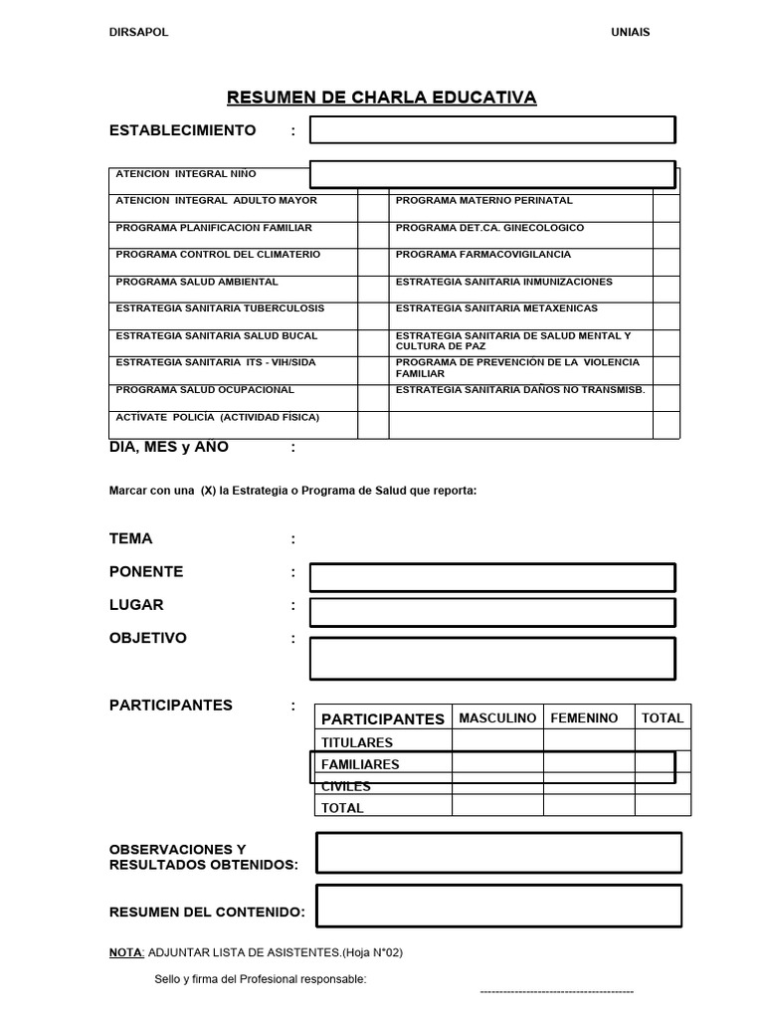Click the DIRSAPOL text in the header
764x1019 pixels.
(x=138, y=32)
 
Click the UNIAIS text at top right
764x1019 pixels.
(x=630, y=32)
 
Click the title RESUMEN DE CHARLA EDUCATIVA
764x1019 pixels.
(x=381, y=97)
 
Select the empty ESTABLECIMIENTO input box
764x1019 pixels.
(x=491, y=130)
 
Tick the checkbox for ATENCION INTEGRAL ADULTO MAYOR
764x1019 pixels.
(x=371, y=207)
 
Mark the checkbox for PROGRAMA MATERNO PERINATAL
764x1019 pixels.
(x=666, y=207)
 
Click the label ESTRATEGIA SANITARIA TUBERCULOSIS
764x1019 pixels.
(x=220, y=308)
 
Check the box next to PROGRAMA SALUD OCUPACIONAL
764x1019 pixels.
(x=371, y=398)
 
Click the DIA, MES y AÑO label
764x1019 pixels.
(x=169, y=447)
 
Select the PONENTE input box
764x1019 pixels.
(x=491, y=577)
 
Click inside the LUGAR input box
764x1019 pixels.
(x=491, y=611)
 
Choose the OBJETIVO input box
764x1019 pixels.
(x=491, y=658)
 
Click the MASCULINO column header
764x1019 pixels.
(x=497, y=717)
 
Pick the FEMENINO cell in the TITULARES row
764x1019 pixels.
(x=589, y=741)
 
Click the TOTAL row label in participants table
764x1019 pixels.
(x=342, y=808)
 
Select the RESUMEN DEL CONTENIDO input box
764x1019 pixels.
(x=498, y=906)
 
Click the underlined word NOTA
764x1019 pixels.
(x=125, y=952)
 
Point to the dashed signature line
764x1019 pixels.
(x=557, y=992)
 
